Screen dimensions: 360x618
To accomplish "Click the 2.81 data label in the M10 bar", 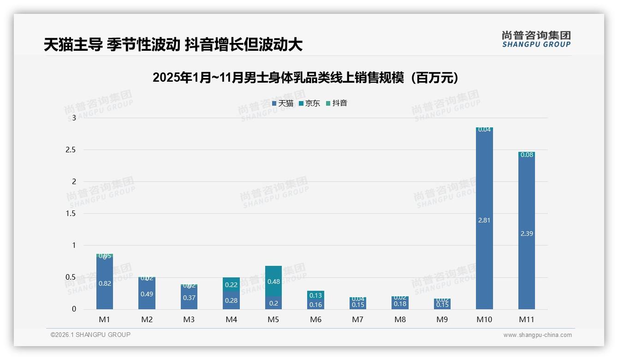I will coord(484,220).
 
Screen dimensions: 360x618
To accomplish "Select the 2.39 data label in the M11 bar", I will coord(526,234).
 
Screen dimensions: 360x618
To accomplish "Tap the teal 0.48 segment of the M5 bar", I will coord(273,281).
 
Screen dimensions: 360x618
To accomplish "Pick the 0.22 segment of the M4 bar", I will coord(231,285).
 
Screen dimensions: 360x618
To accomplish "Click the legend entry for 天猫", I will coord(282,103).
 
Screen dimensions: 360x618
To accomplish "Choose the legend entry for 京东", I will coord(309,103).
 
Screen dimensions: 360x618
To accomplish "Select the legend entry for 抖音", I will coord(336,103).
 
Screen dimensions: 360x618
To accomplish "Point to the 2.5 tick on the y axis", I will coord(71,150).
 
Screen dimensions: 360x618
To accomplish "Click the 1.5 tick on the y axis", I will coord(71,214).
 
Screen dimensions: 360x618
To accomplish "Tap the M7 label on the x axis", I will coord(358,319).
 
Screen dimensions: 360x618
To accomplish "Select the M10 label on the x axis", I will coord(484,319).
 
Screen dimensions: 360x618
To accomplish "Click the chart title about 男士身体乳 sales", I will coord(305,78).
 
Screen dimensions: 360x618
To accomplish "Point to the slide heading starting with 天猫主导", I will coord(173,45).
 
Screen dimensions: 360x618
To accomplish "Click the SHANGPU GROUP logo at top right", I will coord(536,39).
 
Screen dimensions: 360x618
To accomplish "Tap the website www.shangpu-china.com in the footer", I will coord(537,335).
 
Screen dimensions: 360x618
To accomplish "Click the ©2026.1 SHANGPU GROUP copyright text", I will coord(90,335).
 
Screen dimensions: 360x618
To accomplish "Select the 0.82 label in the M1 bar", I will coord(105,283).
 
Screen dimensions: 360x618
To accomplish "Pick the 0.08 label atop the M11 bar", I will coord(526,155).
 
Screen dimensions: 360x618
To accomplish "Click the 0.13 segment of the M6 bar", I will coord(315,295).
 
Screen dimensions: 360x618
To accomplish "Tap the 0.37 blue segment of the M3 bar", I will coord(189,298).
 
